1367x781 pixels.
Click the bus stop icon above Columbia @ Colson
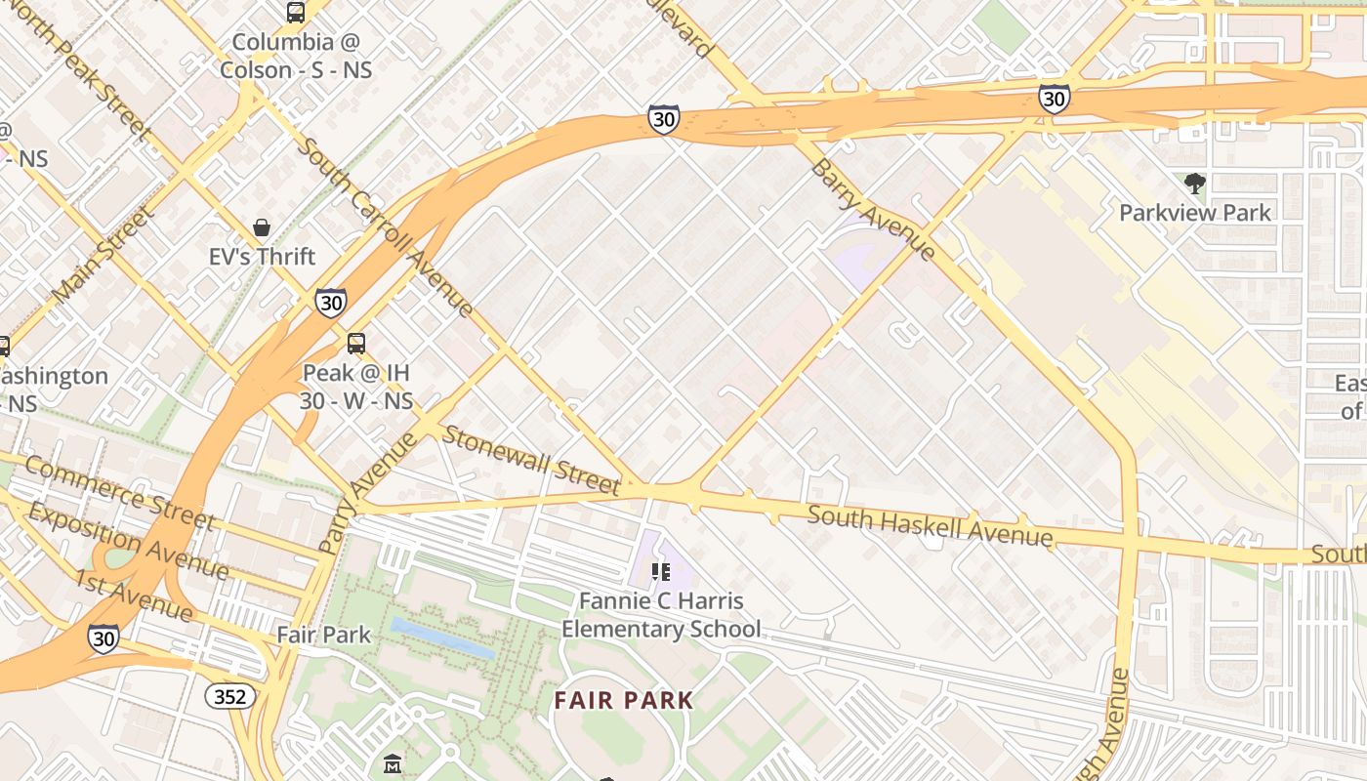coord(295,13)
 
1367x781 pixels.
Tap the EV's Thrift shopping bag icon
coord(262,227)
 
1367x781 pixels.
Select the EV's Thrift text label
coord(262,257)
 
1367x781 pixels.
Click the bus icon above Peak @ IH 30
coord(356,344)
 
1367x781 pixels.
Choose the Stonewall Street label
coord(530,460)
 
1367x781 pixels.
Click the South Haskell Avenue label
coord(930,525)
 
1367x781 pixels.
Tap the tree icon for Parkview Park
coord(1194,184)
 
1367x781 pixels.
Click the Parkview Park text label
coord(1195,213)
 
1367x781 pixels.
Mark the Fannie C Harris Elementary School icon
coord(661,571)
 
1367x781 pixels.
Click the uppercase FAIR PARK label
coord(624,700)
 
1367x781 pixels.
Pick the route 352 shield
coord(231,696)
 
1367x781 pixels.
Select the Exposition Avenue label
coord(128,540)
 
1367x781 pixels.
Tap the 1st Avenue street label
coord(134,595)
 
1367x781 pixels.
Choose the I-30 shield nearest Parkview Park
coord(1054,99)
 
